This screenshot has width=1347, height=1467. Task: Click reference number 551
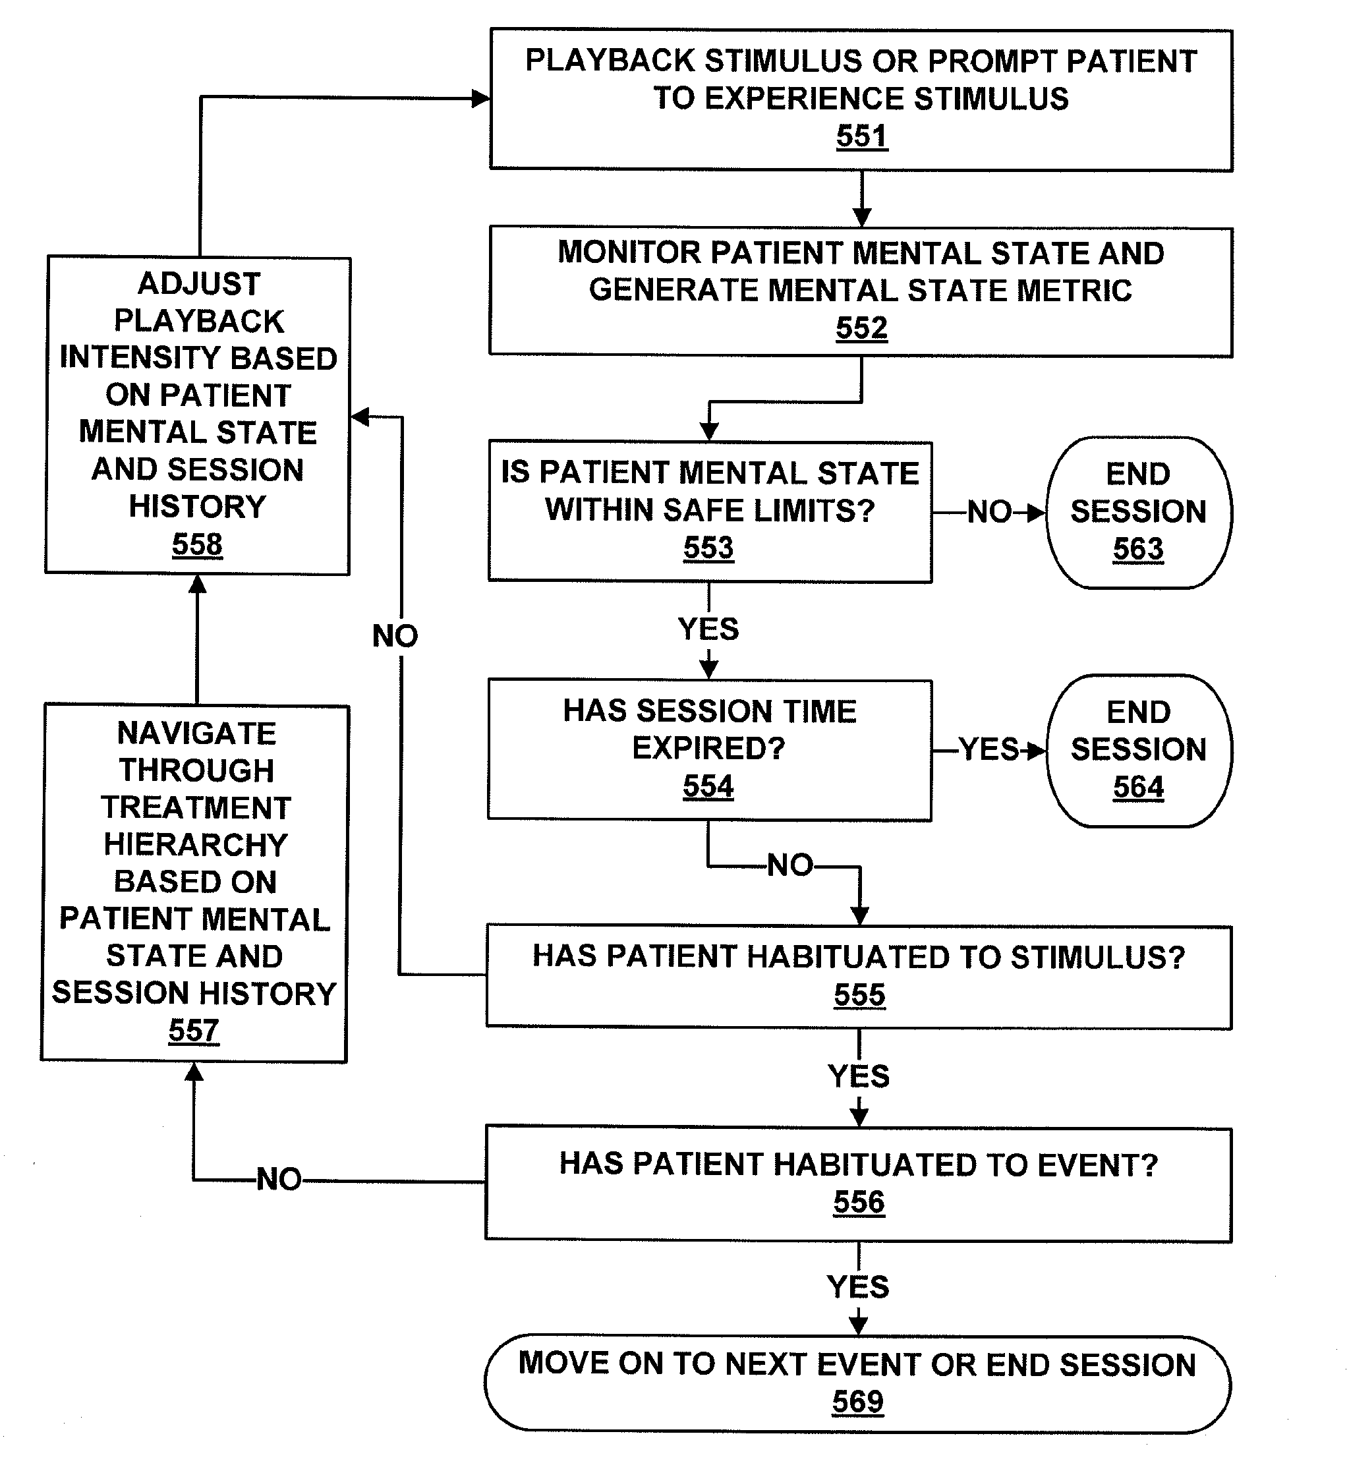[861, 136]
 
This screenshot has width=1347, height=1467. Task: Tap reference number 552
[861, 328]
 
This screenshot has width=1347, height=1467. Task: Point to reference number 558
[197, 544]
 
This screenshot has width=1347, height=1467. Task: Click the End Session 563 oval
[1139, 512]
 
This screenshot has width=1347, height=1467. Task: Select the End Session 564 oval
[1139, 751]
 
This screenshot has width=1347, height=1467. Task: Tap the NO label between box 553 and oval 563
[989, 512]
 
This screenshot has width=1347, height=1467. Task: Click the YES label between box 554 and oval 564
[989, 749]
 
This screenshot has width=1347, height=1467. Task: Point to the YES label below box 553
[708, 629]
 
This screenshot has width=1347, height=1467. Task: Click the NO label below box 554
[790, 866]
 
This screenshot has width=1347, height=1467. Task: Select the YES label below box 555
[859, 1076]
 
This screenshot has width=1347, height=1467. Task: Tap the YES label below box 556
[858, 1288]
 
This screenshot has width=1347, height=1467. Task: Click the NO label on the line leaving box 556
[279, 1179]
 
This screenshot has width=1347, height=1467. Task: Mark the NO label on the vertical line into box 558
[395, 636]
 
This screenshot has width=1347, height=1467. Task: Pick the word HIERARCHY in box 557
[195, 845]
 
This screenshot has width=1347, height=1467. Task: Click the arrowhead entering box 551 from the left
[481, 98]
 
